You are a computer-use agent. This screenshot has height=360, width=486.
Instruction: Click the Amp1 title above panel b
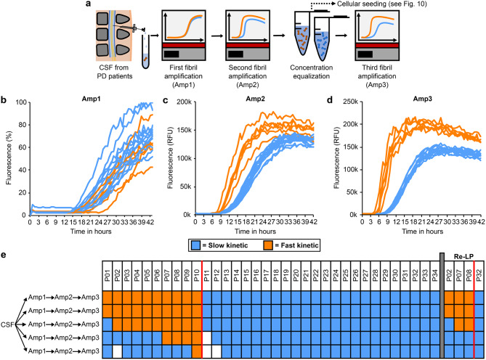click(91, 99)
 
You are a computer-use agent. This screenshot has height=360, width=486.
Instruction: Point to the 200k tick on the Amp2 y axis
click(184, 102)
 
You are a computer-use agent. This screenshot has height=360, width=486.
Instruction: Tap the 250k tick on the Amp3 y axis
click(351, 102)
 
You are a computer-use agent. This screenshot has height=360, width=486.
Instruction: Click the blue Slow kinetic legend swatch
click(195, 245)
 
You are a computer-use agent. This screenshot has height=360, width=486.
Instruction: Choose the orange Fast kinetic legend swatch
click(268, 245)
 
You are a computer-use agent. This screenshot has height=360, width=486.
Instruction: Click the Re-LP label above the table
click(463, 256)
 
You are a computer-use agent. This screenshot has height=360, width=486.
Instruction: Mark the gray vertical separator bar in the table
click(442, 306)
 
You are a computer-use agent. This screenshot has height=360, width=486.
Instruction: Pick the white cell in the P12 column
click(216, 351)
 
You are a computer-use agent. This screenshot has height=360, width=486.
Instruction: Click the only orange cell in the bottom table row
click(197, 351)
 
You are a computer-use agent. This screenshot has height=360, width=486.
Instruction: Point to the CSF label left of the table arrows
click(7, 324)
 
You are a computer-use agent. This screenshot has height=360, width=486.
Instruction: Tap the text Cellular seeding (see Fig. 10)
click(382, 4)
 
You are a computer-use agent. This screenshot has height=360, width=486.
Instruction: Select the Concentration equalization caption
click(311, 72)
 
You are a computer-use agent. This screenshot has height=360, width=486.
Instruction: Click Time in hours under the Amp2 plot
click(255, 232)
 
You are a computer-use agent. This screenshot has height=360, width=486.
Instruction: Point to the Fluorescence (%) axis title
click(9, 158)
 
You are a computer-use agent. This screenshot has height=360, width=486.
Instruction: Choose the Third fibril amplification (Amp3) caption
click(377, 76)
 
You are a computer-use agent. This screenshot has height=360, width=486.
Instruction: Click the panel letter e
click(4, 255)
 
